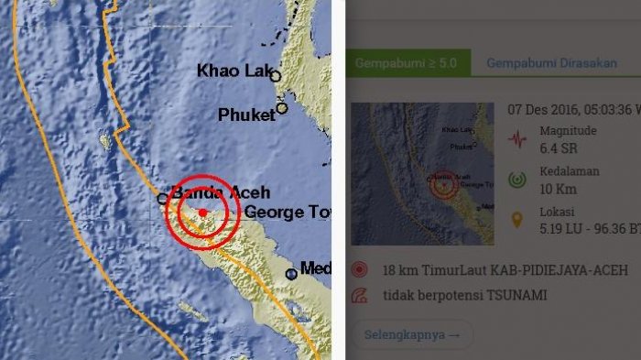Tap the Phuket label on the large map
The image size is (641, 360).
click(245, 115)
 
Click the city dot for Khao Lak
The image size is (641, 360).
click(275, 77)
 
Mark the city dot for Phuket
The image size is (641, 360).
click(282, 108)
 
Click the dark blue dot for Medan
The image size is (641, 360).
click(291, 273)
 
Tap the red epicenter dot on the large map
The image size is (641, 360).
click(202, 212)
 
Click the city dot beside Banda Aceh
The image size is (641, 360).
click(162, 197)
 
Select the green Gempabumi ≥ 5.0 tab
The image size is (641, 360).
click(408, 63)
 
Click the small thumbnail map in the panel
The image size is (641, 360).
click(422, 173)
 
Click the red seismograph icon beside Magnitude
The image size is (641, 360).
click(518, 140)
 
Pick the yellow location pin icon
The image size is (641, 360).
click(518, 220)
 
